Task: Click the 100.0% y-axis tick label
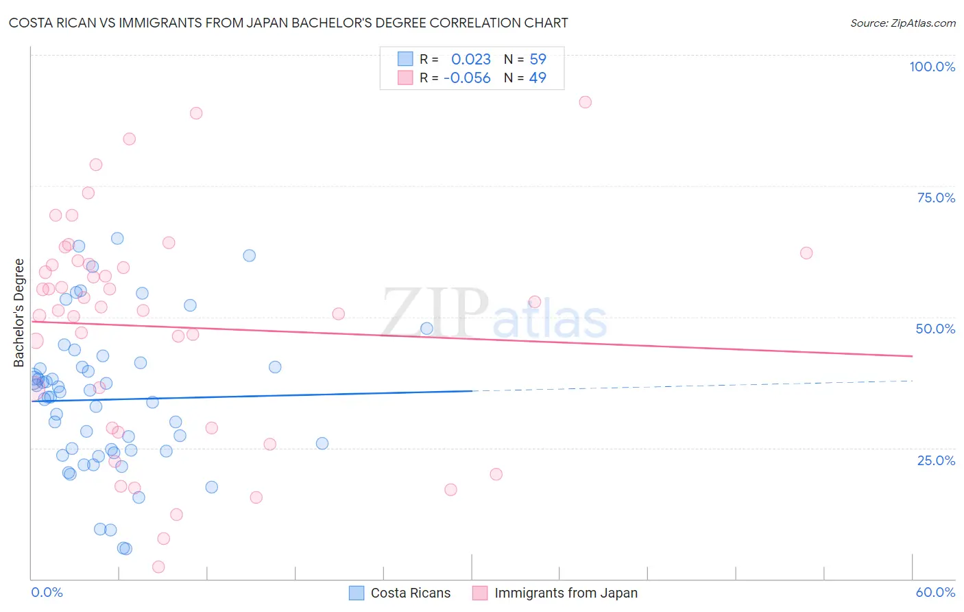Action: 932,67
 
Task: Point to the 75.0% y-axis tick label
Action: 936,198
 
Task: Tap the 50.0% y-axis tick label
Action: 935,329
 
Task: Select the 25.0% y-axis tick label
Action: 936,460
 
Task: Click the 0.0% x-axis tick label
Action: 47,592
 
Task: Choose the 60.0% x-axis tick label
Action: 935,592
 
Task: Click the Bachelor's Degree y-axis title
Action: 19,313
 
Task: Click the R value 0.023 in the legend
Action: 471,60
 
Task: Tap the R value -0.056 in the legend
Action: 467,78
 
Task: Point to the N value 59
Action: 538,60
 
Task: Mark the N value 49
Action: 538,78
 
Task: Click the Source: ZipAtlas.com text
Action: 902,23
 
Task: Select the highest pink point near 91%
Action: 585,102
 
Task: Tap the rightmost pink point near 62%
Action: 806,253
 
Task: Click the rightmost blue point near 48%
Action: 426,329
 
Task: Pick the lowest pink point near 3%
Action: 158,567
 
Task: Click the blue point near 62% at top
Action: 250,255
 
